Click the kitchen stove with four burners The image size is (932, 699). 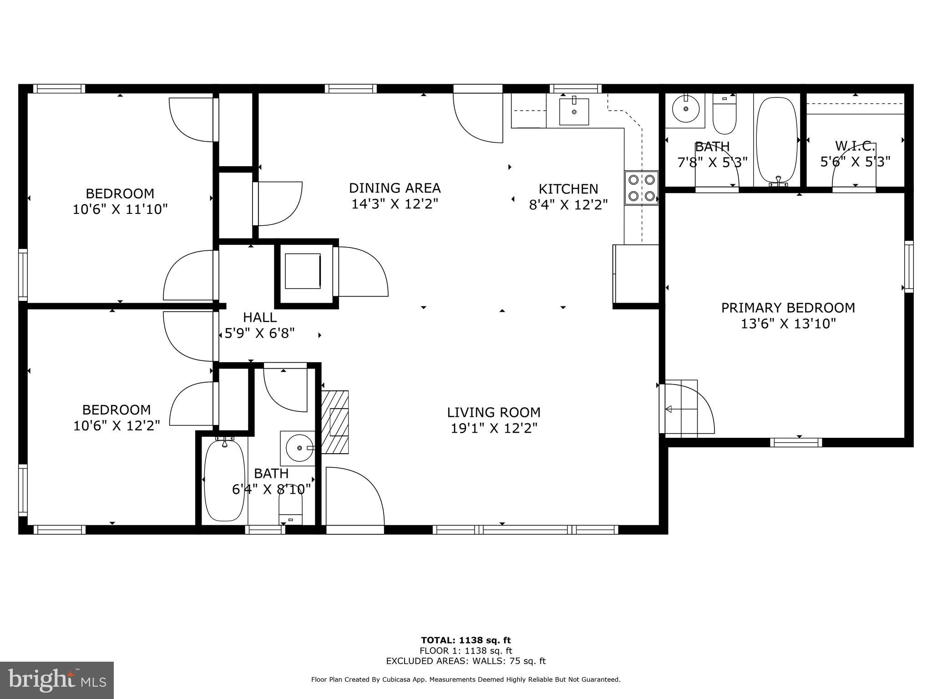click(x=642, y=187)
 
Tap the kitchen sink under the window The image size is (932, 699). click(x=574, y=111)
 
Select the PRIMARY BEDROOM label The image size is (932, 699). click(x=788, y=308)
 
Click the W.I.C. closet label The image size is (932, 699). click(x=855, y=147)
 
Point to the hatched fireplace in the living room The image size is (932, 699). click(x=336, y=422)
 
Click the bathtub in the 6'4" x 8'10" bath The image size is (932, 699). click(x=221, y=481)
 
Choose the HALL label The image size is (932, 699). click(x=259, y=317)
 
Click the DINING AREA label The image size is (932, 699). click(x=395, y=188)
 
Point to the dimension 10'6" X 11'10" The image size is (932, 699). click(x=120, y=210)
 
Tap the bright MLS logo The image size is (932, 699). click(x=56, y=680)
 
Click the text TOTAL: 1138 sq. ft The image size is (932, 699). click(x=466, y=640)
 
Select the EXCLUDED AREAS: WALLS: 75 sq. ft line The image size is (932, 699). click(x=466, y=661)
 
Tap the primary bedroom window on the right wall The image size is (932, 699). click(x=908, y=266)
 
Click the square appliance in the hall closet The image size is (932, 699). click(x=303, y=271)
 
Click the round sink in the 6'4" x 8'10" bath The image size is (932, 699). click(x=299, y=448)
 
